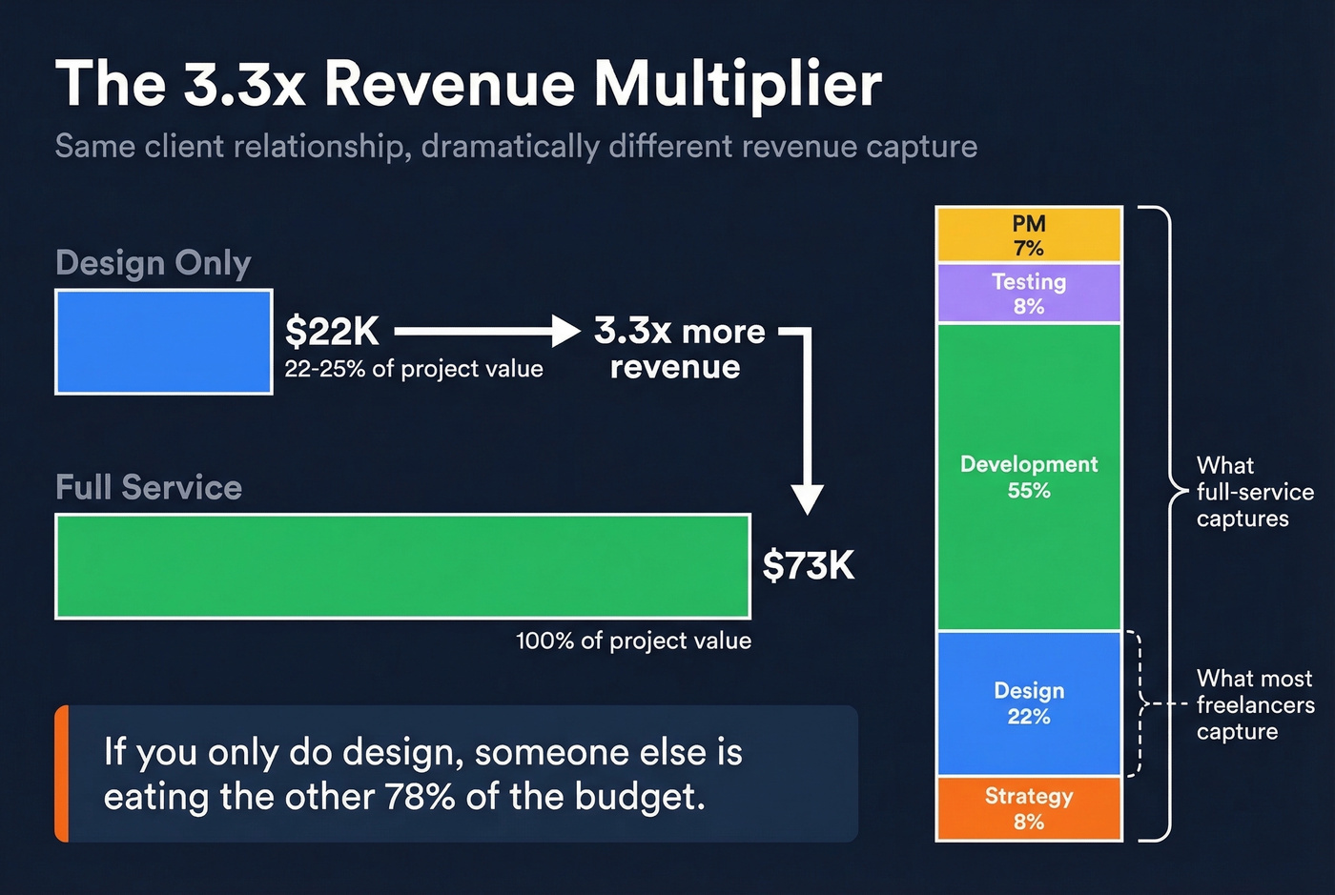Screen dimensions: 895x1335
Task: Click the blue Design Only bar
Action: (x=164, y=342)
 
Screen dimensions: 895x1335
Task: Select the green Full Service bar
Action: (x=402, y=566)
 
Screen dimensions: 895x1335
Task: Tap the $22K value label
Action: (x=332, y=332)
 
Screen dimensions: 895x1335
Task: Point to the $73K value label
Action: (x=809, y=566)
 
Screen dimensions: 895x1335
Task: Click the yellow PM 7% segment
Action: (x=1029, y=234)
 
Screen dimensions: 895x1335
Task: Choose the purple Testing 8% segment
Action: (x=1029, y=293)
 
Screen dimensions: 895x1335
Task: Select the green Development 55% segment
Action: (x=1029, y=477)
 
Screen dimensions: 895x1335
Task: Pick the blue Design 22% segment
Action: (x=1029, y=703)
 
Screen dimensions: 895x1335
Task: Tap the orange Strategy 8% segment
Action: (x=1029, y=808)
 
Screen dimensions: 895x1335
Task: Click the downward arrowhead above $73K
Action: (x=808, y=498)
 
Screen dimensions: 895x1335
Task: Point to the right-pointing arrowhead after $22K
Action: (x=565, y=332)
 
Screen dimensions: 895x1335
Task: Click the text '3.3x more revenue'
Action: (x=678, y=349)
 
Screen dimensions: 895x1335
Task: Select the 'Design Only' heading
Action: (x=154, y=262)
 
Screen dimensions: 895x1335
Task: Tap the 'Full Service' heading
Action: (x=149, y=487)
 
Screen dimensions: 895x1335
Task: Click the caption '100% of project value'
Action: (x=633, y=641)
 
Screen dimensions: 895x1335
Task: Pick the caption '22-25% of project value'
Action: (x=414, y=369)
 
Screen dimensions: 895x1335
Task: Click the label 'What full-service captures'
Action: (x=1254, y=492)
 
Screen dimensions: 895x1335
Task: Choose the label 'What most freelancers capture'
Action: (x=1255, y=704)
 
